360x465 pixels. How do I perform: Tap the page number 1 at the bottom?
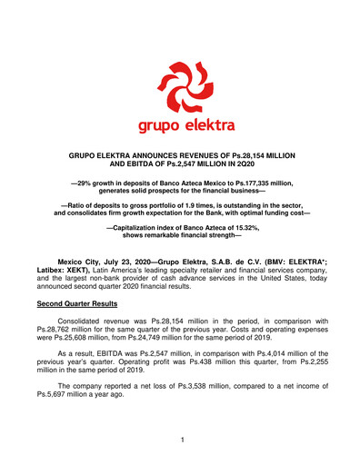180,440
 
